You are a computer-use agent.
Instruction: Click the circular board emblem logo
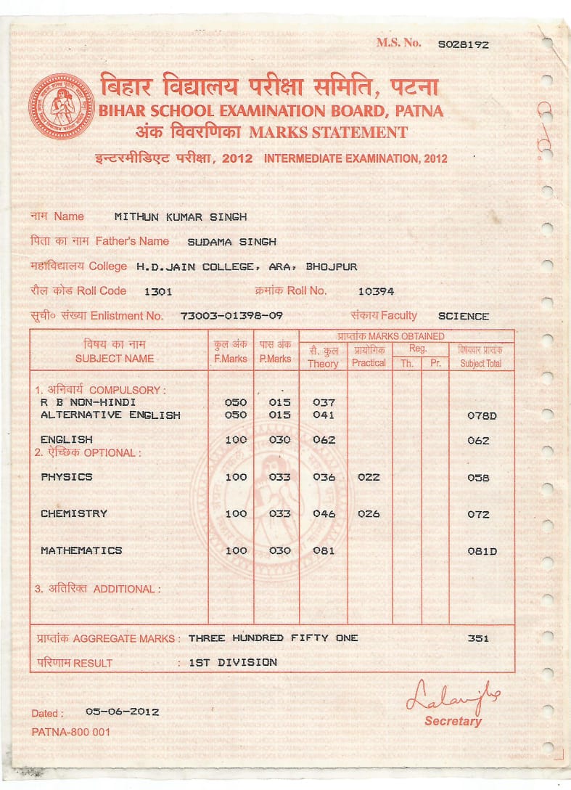[x=61, y=107]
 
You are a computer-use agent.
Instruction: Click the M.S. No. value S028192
[x=463, y=44]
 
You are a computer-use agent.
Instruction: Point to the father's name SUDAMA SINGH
[x=231, y=242]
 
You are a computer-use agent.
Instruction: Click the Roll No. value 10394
[x=376, y=292]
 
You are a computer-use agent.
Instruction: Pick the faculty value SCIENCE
[x=464, y=317]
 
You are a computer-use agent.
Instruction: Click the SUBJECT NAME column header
[x=115, y=358]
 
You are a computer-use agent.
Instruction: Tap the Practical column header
[x=369, y=362]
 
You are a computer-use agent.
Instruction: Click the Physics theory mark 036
[x=324, y=478]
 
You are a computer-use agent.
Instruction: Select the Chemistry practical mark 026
[x=369, y=514]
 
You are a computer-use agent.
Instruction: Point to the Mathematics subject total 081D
[x=482, y=552]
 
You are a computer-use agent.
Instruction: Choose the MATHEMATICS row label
[x=81, y=550]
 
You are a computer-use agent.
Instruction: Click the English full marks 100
[x=236, y=440]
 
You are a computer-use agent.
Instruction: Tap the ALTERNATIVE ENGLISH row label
[x=110, y=415]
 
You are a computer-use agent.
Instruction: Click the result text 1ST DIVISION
[x=232, y=662]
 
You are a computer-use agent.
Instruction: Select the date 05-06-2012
[x=122, y=712]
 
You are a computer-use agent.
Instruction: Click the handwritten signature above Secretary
[x=452, y=698]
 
